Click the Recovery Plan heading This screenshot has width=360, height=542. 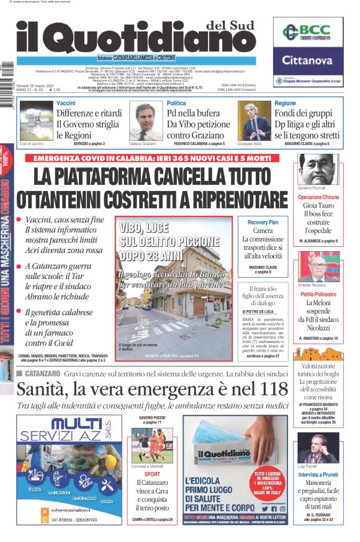(x=263, y=222)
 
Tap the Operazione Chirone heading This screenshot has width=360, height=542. (x=318, y=197)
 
